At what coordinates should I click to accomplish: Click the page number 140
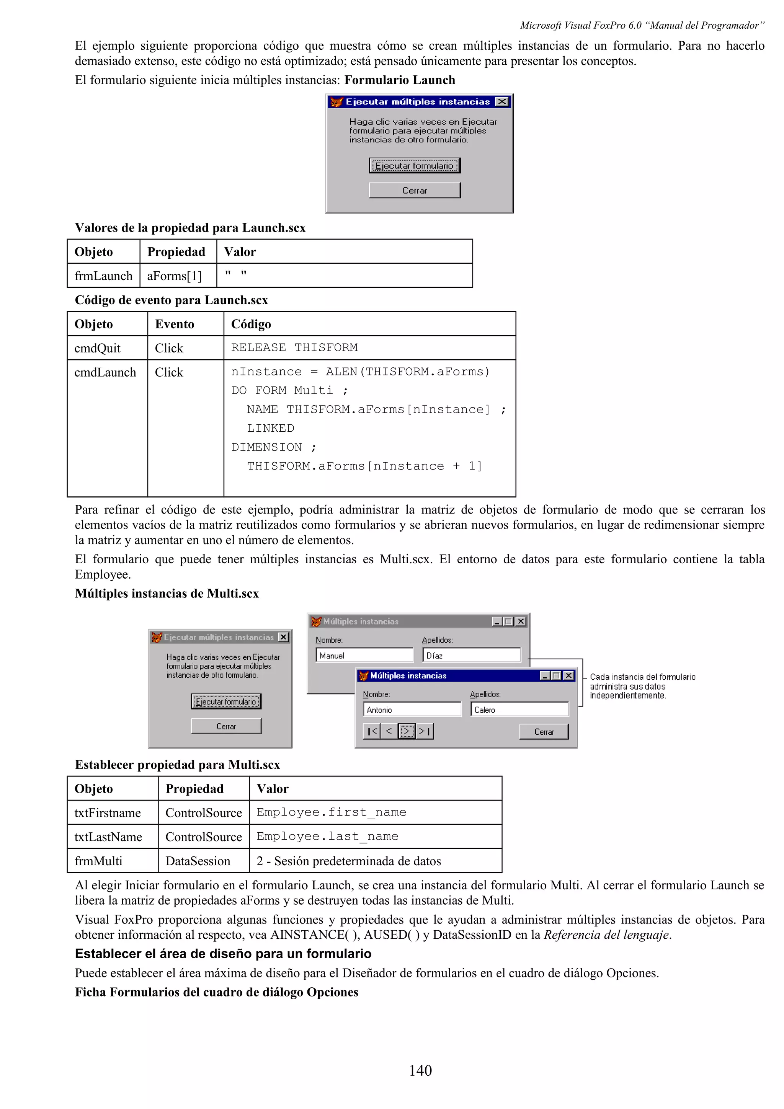tap(420, 1070)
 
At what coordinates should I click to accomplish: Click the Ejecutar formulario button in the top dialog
tap(415, 166)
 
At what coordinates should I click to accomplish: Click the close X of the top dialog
tap(502, 101)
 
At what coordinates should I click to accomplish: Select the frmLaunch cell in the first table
tap(103, 276)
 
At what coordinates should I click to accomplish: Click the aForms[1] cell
tap(175, 276)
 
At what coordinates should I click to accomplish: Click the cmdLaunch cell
tap(105, 372)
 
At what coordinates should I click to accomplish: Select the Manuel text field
tap(364, 656)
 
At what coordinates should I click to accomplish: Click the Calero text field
tap(519, 709)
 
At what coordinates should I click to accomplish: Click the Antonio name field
tap(412, 709)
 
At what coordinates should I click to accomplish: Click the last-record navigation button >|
tap(425, 731)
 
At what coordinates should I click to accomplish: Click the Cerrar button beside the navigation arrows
tap(544, 732)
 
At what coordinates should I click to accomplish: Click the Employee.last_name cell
tap(328, 837)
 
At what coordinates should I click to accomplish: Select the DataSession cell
tap(198, 861)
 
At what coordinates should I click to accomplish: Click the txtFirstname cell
tap(108, 813)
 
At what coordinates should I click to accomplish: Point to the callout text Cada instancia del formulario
tap(642, 677)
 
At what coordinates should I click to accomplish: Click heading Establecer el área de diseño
tap(223, 954)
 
